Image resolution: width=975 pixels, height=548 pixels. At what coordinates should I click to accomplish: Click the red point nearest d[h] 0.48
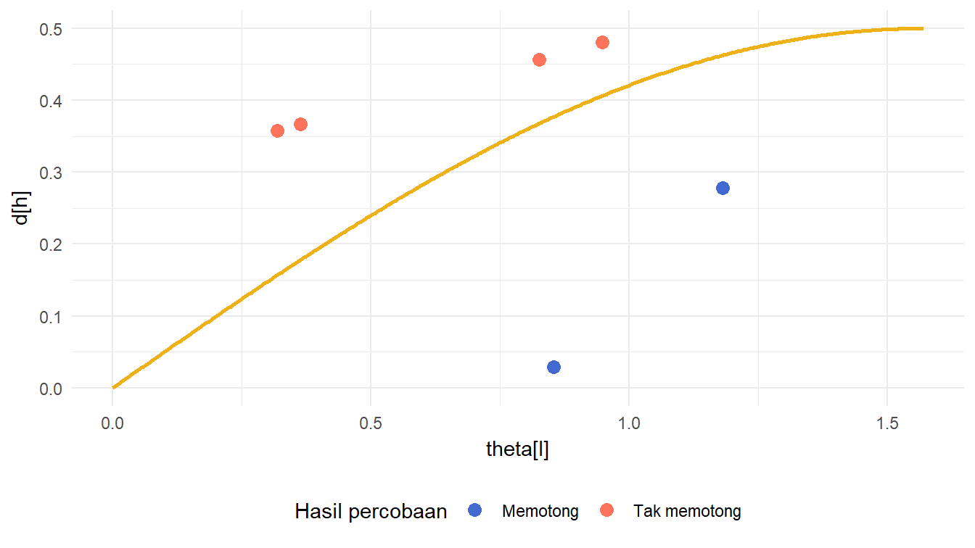point(602,42)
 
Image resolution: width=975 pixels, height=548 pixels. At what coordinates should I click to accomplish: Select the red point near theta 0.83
point(539,59)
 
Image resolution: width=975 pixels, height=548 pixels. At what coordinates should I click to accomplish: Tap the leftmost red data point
point(277,130)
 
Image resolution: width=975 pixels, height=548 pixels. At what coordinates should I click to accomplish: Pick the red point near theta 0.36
point(300,124)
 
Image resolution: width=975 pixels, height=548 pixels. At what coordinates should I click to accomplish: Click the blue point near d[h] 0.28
point(723,188)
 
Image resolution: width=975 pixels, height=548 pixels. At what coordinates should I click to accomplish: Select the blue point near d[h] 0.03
point(554,367)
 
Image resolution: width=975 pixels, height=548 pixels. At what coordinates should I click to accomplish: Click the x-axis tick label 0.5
point(371,423)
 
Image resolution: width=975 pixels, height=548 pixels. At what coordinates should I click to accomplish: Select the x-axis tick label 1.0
point(629,423)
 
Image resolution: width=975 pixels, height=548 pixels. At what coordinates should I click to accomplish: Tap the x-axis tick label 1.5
point(886,423)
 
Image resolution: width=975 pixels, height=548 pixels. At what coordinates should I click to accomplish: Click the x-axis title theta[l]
point(517,449)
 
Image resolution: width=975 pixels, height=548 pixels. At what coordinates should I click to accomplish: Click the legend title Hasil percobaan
point(371,511)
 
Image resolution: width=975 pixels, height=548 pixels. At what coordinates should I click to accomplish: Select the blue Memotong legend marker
point(475,510)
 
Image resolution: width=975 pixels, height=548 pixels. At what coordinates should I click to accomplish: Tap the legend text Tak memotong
point(687,511)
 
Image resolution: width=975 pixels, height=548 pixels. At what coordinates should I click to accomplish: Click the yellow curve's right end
point(922,28)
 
